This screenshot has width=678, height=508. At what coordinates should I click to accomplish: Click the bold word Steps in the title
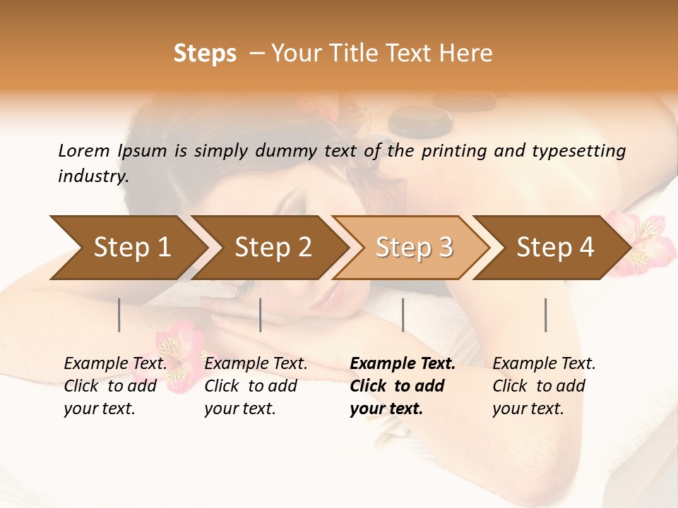pos(205,54)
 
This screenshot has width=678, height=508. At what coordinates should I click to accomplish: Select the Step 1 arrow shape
pos(127,248)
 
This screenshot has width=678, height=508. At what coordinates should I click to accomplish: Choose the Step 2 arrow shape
pos(272,248)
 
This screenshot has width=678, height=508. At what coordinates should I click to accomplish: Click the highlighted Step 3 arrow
pos(413,248)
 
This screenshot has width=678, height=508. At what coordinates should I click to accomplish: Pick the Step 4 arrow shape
pos(554,248)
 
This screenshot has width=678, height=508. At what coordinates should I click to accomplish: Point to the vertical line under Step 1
pos(119,315)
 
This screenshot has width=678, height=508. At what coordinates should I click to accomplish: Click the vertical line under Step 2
pos(261,315)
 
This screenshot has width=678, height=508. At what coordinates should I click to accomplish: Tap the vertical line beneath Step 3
pos(403,315)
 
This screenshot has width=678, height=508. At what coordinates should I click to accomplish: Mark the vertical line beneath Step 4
pos(545,315)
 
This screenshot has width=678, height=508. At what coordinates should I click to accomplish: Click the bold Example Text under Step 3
pos(403,364)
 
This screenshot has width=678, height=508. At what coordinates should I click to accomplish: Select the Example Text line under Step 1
pos(115,364)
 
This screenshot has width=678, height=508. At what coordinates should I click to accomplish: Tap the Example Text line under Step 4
pos(544,364)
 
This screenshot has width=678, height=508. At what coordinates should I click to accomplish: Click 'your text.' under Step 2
pos(239,409)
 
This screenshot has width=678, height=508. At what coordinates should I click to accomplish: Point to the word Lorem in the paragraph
pos(84,151)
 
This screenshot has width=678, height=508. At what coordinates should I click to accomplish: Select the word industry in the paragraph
pos(93,176)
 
